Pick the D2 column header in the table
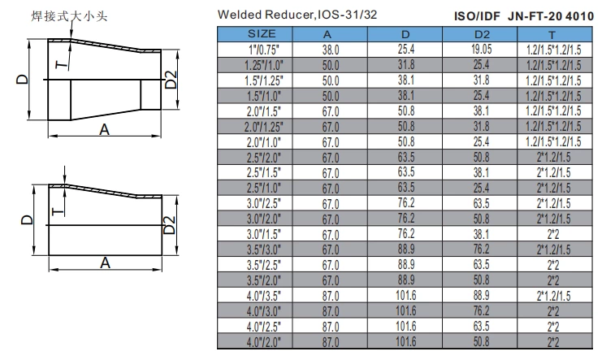[x=481, y=34]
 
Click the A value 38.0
[x=331, y=50]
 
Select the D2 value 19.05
[x=481, y=50]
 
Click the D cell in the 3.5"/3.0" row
[x=405, y=250]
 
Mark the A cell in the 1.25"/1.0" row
[x=331, y=65]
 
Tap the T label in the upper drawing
[x=58, y=67]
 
